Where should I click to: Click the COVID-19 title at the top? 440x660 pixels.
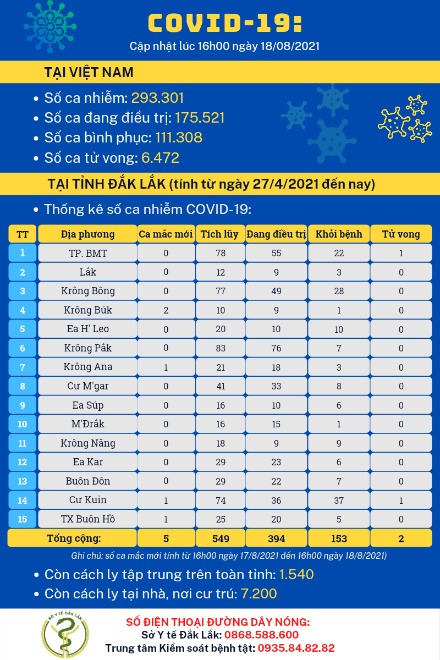point(225,23)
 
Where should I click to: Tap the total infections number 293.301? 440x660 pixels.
point(157,98)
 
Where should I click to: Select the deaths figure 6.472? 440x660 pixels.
point(160,158)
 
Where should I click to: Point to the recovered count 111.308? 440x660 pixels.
point(179,137)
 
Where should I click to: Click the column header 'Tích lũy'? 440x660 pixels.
point(219,234)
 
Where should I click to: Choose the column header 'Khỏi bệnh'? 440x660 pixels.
point(339,234)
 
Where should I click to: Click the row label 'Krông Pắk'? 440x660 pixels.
point(88,348)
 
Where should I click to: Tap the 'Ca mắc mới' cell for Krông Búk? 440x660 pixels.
point(166,310)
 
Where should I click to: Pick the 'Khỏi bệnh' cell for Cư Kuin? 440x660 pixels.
point(339,500)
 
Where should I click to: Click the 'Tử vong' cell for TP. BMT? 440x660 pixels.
point(401,253)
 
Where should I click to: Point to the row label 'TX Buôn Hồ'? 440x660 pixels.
point(88,519)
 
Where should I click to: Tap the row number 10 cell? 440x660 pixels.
point(23,424)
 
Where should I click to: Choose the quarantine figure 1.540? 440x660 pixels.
point(296,575)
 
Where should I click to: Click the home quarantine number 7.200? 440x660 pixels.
point(259,594)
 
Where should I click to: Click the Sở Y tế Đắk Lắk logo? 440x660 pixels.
point(65,635)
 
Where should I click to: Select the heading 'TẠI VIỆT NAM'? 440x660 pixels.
point(89,73)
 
